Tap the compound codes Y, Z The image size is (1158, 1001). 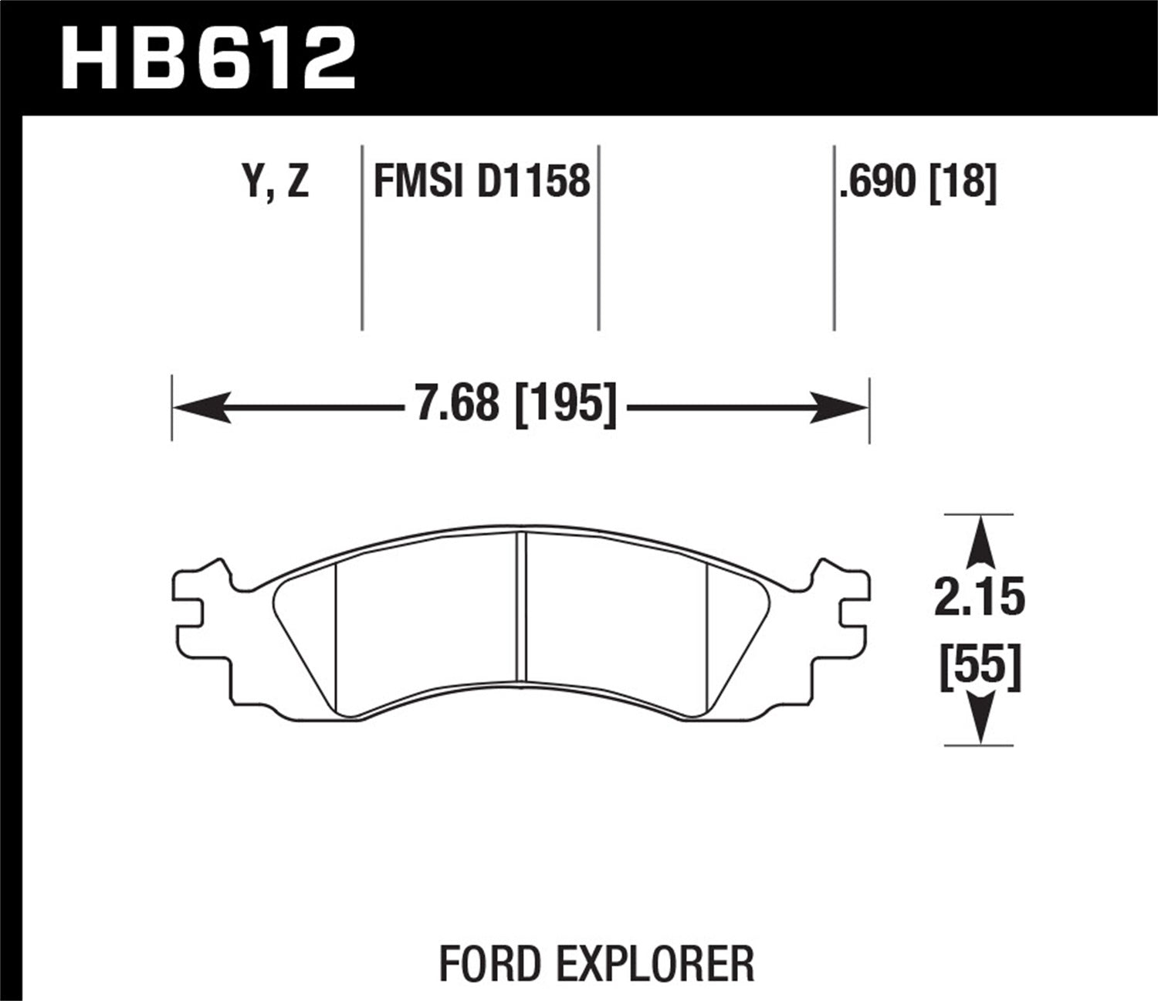276,182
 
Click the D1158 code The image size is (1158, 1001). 533,182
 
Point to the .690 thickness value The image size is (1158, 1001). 880,182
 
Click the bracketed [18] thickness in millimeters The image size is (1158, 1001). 964,182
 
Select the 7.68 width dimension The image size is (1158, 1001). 457,404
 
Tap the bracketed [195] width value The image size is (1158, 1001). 566,404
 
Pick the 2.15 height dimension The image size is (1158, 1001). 980,598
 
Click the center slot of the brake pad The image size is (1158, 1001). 522,606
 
